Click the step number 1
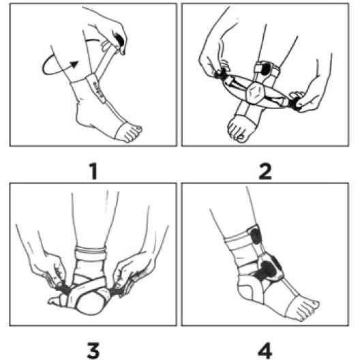pyautogui.click(x=93, y=171)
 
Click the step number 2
pyautogui.click(x=265, y=171)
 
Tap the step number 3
pyautogui.click(x=93, y=350)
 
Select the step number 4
pyautogui.click(x=265, y=350)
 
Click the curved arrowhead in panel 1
pyautogui.click(x=74, y=65)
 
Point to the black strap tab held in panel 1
pyautogui.click(x=119, y=40)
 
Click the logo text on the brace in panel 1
pyautogui.click(x=98, y=89)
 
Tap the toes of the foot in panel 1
pyautogui.click(x=132, y=134)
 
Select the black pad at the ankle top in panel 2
pyautogui.click(x=266, y=68)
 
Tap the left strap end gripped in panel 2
pyautogui.click(x=220, y=74)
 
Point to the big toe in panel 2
pyautogui.click(x=241, y=138)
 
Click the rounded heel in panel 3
pyautogui.click(x=90, y=303)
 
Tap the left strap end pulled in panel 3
pyautogui.click(x=63, y=288)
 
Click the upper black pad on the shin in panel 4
pyautogui.click(x=256, y=235)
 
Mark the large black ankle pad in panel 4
pyautogui.click(x=267, y=271)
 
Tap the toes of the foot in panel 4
pyautogui.click(x=307, y=310)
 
